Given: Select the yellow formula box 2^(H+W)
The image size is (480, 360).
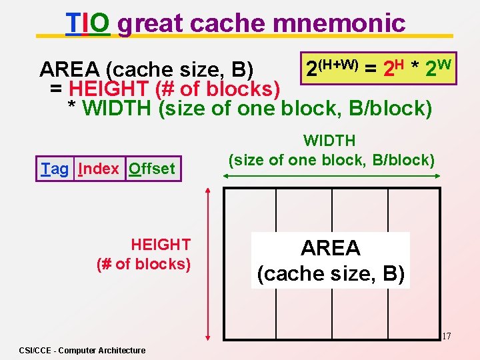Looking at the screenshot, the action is coord(378,68).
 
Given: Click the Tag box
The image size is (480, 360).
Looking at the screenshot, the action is coord(55,169).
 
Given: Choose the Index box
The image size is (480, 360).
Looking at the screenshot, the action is coord(99,169).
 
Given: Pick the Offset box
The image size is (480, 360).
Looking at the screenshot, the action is coord(153,169).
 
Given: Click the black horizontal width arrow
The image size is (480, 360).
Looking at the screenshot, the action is coord(331,176).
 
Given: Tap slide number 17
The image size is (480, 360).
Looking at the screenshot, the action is coord(446,337).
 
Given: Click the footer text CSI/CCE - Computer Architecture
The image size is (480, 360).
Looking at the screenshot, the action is coord(82,350).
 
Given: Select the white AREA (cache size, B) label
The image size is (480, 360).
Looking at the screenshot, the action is coord(331,261).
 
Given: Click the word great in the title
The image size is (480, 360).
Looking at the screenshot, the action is coord(155,23).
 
